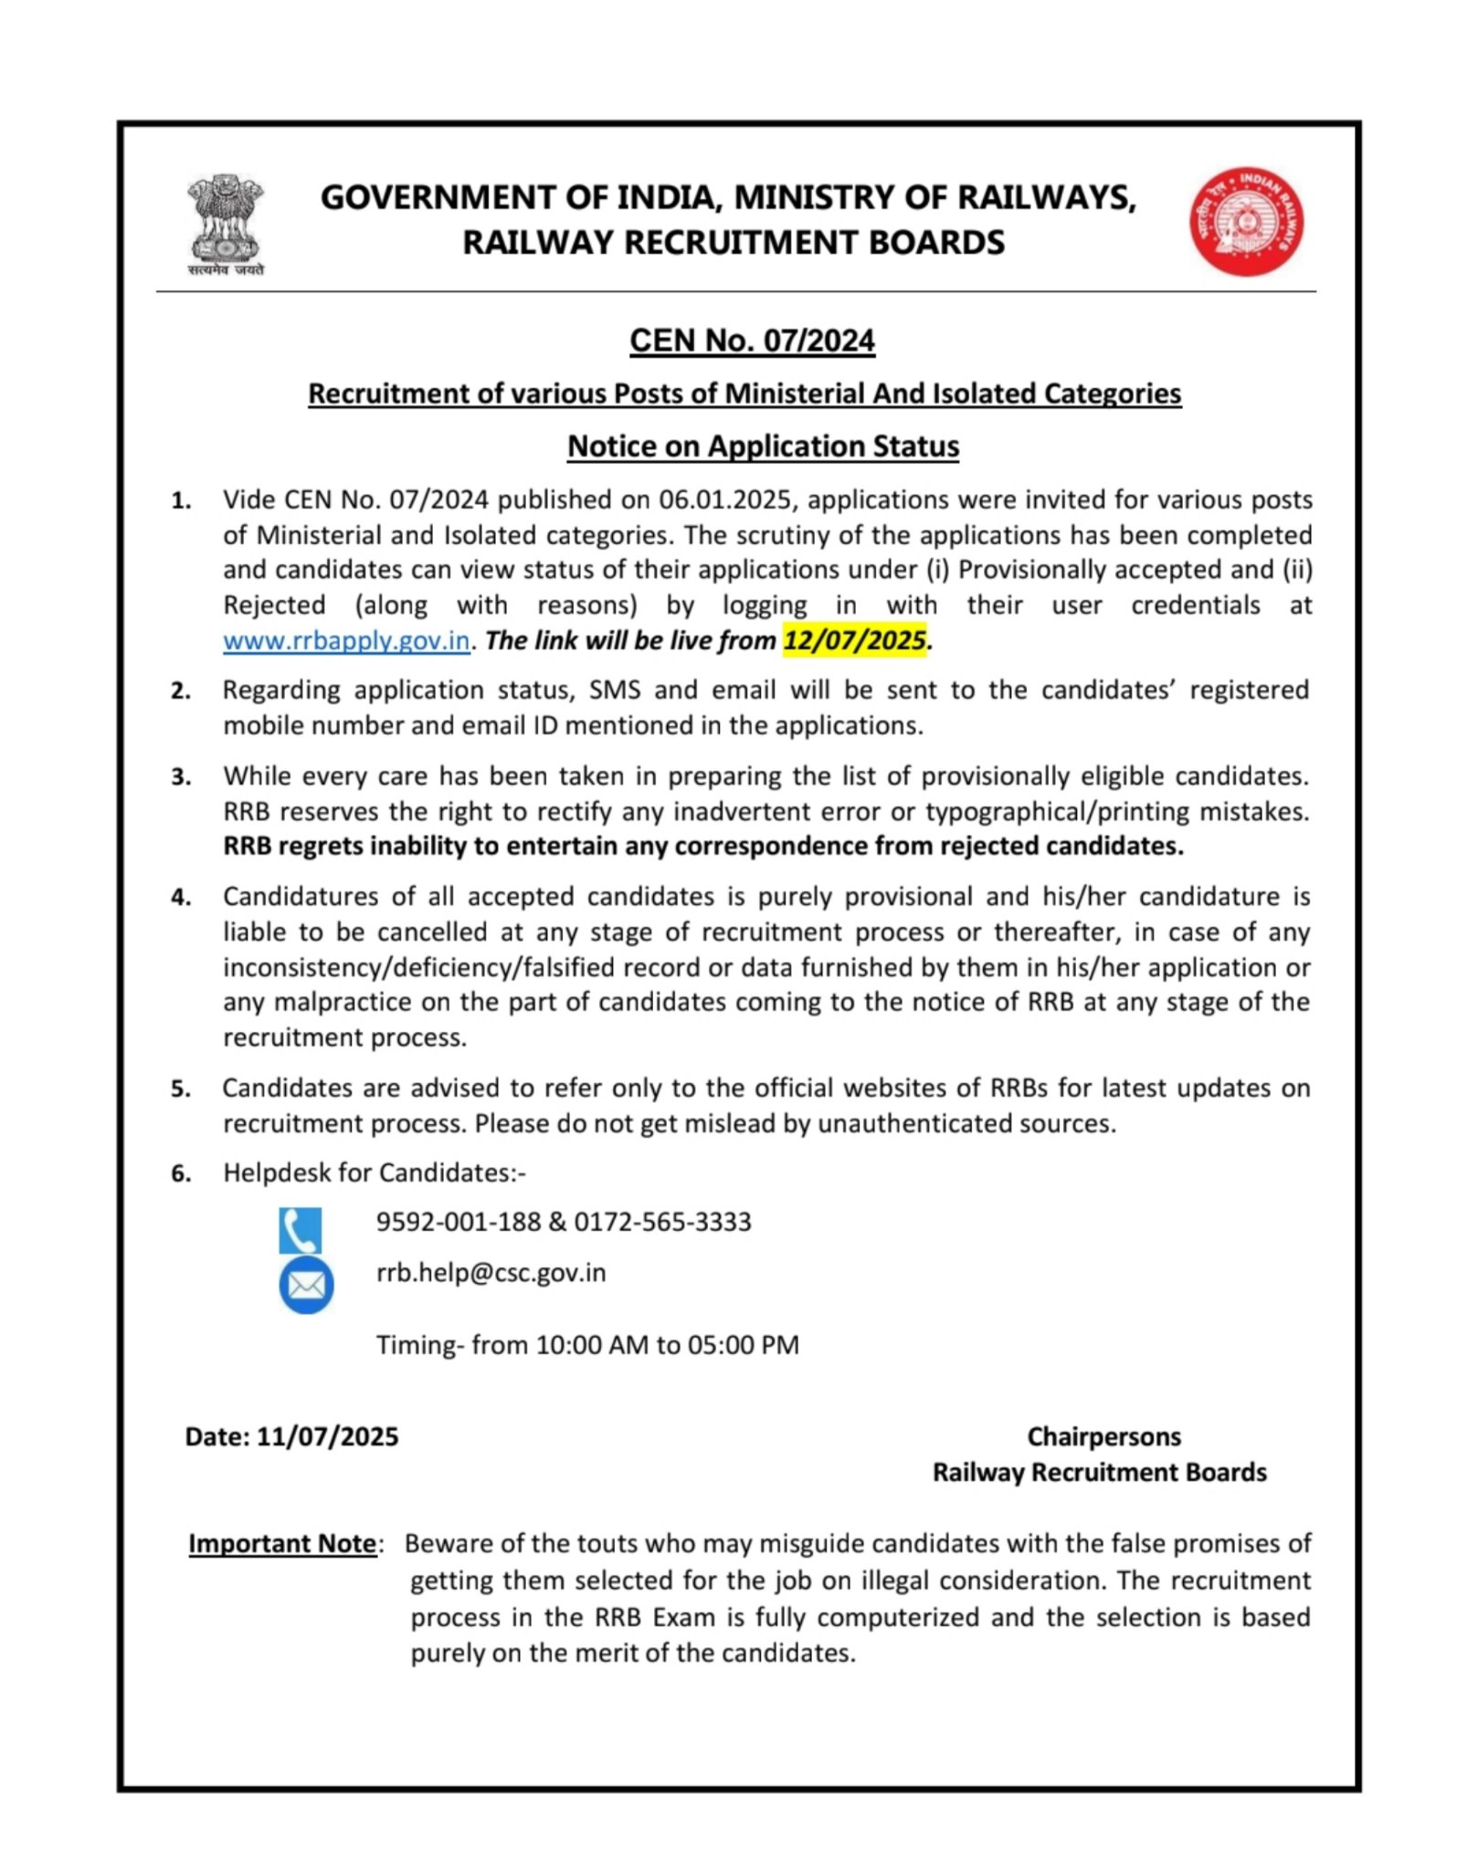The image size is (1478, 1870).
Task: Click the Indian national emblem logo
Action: (x=226, y=224)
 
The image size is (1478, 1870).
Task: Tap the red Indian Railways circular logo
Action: (x=1246, y=222)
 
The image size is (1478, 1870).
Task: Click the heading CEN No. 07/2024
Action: (x=752, y=341)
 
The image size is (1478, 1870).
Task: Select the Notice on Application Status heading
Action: (x=763, y=446)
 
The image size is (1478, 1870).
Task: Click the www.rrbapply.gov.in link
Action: (x=346, y=641)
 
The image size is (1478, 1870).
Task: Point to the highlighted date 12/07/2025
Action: (x=854, y=640)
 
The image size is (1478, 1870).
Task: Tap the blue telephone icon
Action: (x=301, y=1230)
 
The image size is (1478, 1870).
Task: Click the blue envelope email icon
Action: (x=306, y=1285)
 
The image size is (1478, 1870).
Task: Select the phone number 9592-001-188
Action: (x=459, y=1223)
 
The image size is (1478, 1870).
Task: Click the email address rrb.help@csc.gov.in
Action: (x=491, y=1273)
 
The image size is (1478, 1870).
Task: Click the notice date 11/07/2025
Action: (x=327, y=1437)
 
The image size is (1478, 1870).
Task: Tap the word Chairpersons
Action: (x=1103, y=1437)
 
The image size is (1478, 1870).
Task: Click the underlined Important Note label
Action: (x=282, y=1544)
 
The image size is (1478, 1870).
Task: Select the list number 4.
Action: (x=181, y=898)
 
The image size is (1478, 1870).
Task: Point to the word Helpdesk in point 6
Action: (x=280, y=1173)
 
